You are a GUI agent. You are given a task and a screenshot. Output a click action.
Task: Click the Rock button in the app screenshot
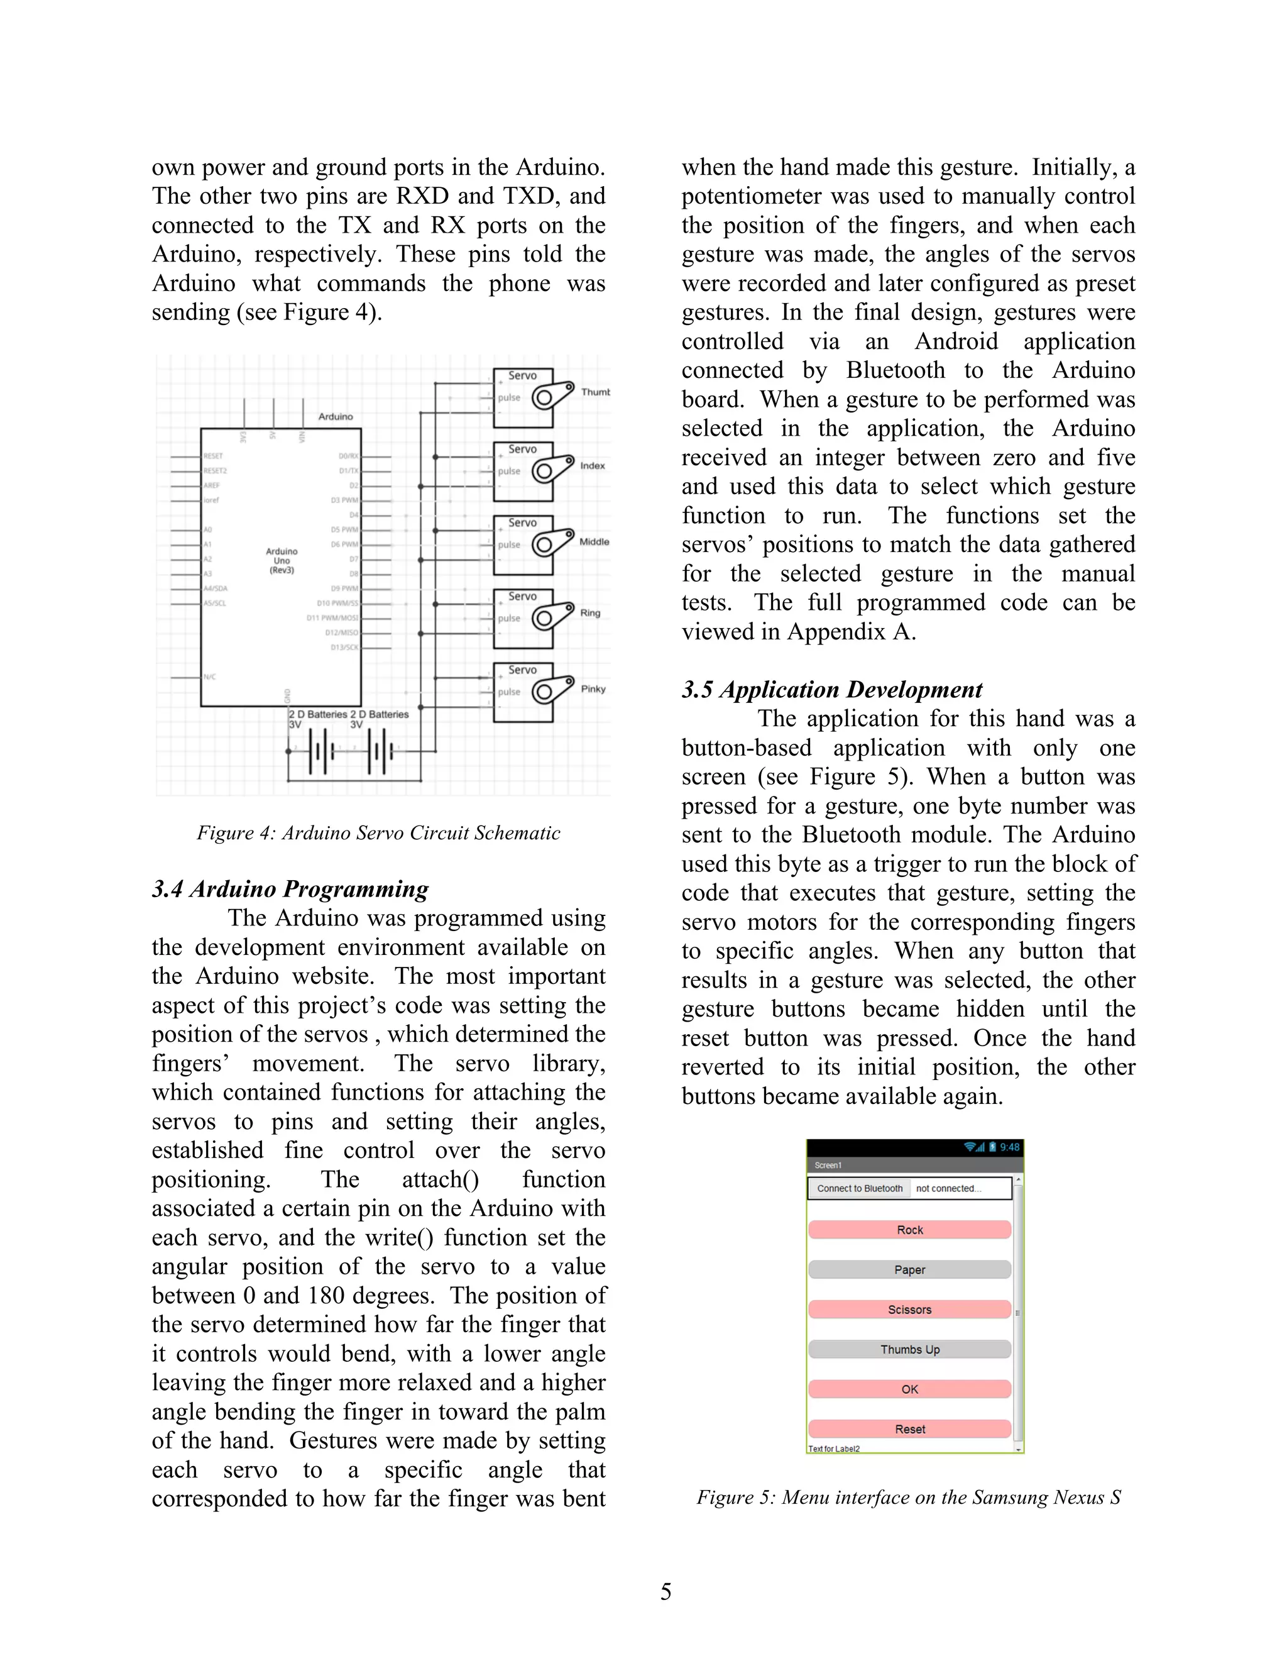coord(909,1230)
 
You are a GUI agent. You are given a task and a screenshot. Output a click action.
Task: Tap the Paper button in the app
coord(909,1269)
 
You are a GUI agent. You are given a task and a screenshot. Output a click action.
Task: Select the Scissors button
coord(909,1309)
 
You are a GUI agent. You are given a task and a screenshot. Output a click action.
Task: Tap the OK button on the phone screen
coord(909,1389)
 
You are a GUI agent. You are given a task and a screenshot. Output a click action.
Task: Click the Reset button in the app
coord(909,1429)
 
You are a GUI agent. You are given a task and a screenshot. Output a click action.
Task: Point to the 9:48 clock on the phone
coord(1009,1147)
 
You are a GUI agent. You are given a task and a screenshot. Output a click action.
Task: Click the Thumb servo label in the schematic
coord(594,392)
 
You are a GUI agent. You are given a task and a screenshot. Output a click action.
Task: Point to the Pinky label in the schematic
coord(593,689)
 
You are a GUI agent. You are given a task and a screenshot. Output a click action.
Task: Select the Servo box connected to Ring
coord(523,618)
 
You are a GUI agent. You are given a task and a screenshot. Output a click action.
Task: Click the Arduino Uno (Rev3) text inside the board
coord(282,561)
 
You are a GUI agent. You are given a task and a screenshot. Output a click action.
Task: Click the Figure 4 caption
coord(378,833)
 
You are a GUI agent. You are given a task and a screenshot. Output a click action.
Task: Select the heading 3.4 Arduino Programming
coord(290,889)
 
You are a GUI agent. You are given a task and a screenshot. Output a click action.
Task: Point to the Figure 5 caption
coord(908,1498)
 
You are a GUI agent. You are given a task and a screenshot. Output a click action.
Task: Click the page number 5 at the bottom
coord(665,1592)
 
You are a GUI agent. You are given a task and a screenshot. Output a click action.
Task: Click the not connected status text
coord(948,1188)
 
